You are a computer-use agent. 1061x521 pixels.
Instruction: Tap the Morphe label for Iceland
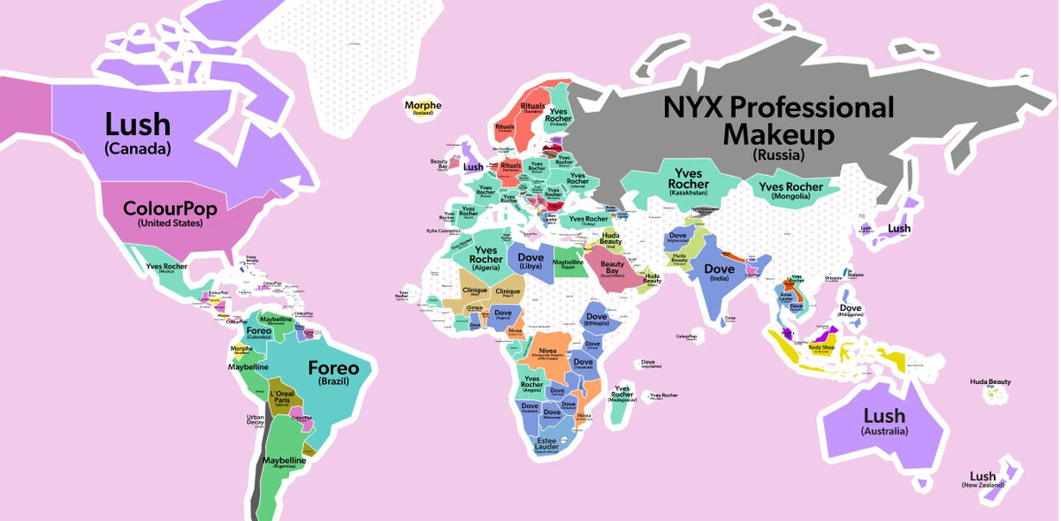coord(423,107)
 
